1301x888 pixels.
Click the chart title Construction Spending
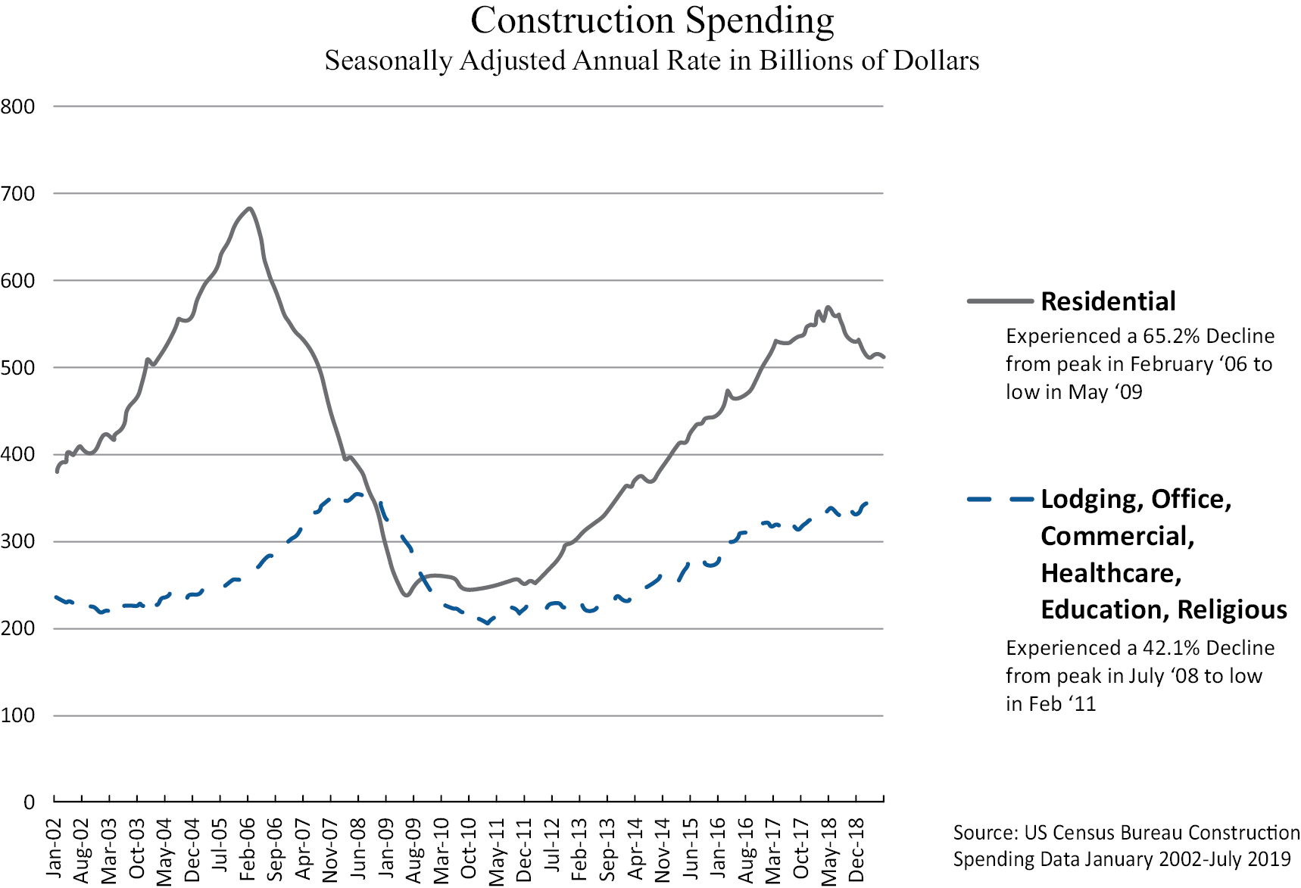[x=651, y=21]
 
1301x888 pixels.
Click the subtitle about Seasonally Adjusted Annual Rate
[x=651, y=61]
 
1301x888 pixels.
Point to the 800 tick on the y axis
[x=18, y=107]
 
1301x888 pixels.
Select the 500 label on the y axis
[x=18, y=368]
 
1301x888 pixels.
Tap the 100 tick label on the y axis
[x=18, y=715]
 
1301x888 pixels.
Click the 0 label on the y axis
[x=29, y=802]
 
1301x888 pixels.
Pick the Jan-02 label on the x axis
[x=54, y=849]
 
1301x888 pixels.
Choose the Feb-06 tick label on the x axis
[x=248, y=849]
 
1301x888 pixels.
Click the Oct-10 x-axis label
[x=469, y=849]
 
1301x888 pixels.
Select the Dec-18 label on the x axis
[x=856, y=850]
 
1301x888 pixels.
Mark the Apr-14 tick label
[x=635, y=849]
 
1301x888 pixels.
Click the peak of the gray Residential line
[x=249, y=208]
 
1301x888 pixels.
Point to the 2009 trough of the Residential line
[x=407, y=595]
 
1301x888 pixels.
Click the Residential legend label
[x=1108, y=301]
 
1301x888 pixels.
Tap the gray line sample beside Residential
[x=1000, y=301]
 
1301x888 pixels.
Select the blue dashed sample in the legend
[x=1000, y=500]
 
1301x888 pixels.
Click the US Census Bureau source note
[x=1125, y=846]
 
